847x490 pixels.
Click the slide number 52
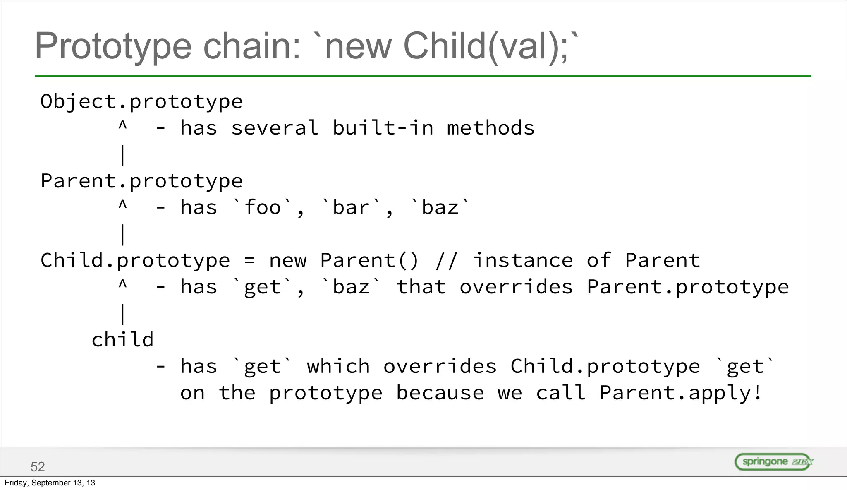(38, 466)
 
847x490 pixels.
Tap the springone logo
(773, 461)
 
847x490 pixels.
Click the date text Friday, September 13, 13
(50, 483)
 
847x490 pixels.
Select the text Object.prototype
(141, 102)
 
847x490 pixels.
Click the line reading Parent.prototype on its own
(141, 181)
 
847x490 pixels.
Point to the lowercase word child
(122, 340)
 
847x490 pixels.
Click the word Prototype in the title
(113, 46)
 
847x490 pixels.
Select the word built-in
(383, 128)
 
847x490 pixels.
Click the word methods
(490, 128)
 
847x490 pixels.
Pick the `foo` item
(263, 207)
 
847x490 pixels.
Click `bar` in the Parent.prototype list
(351, 207)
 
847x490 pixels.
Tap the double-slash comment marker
(447, 260)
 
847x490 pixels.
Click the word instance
(523, 260)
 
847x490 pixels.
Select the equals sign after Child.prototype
(250, 261)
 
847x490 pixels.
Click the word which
(338, 366)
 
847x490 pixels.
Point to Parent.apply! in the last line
(680, 393)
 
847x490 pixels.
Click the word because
(440, 393)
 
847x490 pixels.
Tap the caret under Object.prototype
(122, 125)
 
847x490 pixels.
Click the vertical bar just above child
(122, 314)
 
